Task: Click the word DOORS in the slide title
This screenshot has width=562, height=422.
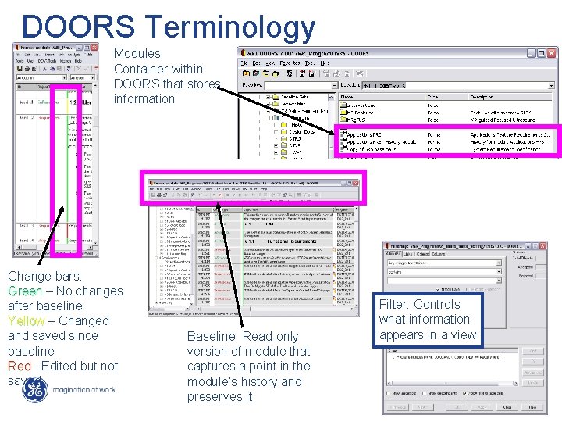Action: click(78, 26)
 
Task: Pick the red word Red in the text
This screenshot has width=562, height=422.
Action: click(20, 366)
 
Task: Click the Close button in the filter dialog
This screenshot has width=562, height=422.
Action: click(507, 407)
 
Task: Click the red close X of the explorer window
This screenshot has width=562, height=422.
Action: click(553, 53)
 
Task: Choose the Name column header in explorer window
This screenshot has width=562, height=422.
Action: click(348, 97)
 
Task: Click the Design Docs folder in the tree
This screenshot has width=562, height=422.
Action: click(300, 131)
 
